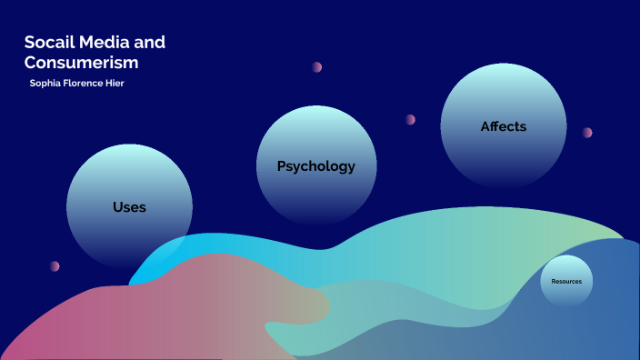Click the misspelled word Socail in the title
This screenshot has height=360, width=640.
pyautogui.click(x=48, y=43)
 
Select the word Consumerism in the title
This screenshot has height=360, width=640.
pyautogui.click(x=81, y=63)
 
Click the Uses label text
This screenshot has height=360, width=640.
pyautogui.click(x=129, y=207)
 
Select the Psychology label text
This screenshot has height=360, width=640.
pyautogui.click(x=315, y=166)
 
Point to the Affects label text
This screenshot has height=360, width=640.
pyautogui.click(x=503, y=126)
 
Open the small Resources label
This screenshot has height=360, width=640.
pyautogui.click(x=566, y=282)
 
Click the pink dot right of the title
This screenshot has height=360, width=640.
pyautogui.click(x=317, y=67)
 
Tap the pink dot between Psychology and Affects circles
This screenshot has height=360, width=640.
pyautogui.click(x=410, y=119)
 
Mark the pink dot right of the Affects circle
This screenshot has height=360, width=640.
pyautogui.click(x=587, y=133)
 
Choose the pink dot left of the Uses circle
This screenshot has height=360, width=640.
pyautogui.click(x=55, y=266)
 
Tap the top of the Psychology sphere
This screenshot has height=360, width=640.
pyautogui.click(x=315, y=108)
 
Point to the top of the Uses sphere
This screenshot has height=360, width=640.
pyautogui.click(x=129, y=147)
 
